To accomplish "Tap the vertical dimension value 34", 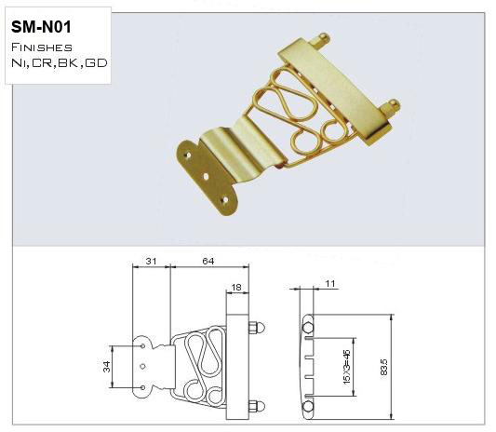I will click(x=106, y=366).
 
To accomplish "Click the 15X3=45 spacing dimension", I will click(x=346, y=366).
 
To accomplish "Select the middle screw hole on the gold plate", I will click(x=206, y=171).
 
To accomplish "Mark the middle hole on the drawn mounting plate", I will click(x=142, y=366).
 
